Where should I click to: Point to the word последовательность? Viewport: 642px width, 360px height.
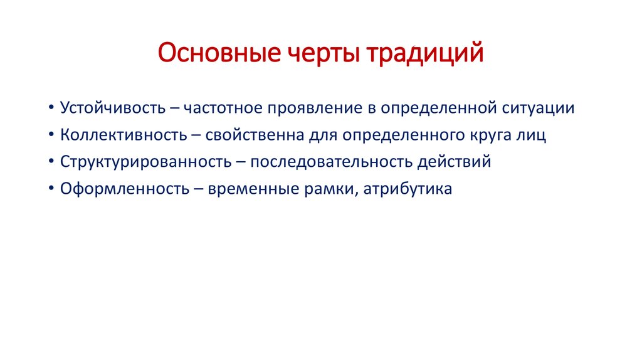(330, 161)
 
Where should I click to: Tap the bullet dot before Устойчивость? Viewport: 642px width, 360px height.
(50, 108)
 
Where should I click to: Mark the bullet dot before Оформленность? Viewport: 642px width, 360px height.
(50, 189)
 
